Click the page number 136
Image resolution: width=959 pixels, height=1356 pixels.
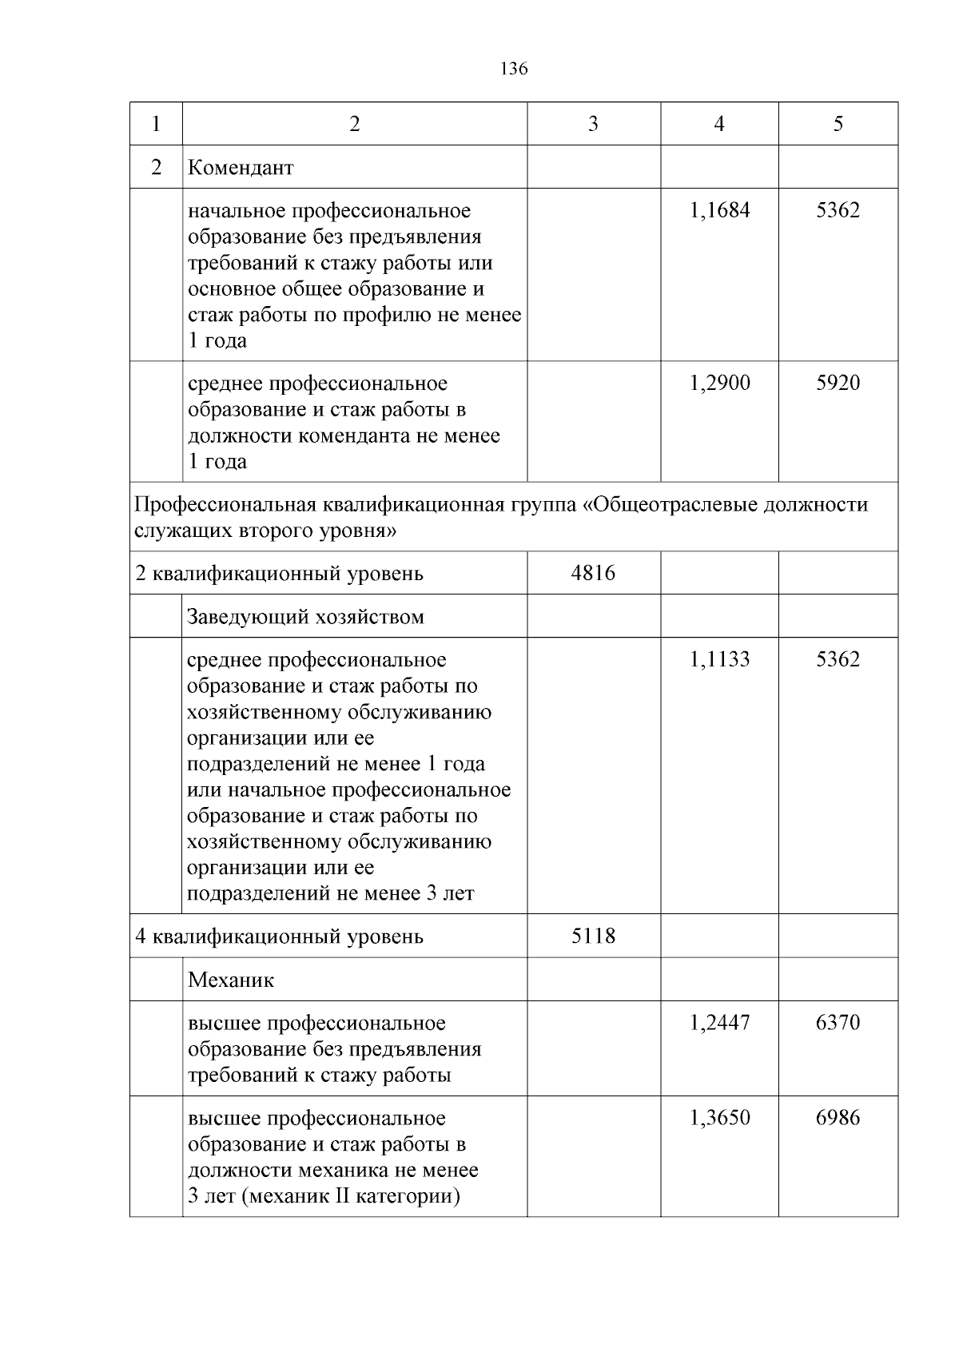[514, 69]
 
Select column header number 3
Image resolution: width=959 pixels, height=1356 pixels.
[593, 124]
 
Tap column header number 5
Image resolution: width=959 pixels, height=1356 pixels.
[838, 124]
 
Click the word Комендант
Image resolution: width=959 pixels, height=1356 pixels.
[241, 168]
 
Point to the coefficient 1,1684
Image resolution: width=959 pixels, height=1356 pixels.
[719, 211]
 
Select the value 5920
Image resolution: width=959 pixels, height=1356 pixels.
[838, 383]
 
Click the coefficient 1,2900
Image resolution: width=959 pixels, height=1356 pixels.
[719, 383]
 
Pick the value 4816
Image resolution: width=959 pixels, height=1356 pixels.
[593, 573]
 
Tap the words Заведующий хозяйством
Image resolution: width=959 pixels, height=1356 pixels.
[305, 617]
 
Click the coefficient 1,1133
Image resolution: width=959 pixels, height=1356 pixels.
[719, 660]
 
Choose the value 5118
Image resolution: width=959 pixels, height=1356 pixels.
[593, 936]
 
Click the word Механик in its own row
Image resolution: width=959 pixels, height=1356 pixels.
[231, 980]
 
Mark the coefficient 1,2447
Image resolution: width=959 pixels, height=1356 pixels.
[719, 1023]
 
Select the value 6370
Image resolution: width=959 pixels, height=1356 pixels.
[838, 1023]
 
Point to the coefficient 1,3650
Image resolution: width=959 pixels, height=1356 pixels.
[719, 1118]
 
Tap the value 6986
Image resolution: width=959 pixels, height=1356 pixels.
[838, 1118]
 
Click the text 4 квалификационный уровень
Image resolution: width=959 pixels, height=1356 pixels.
[280, 936]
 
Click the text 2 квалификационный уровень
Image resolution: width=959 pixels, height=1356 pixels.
[280, 574]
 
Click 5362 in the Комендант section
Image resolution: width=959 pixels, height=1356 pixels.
[838, 211]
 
